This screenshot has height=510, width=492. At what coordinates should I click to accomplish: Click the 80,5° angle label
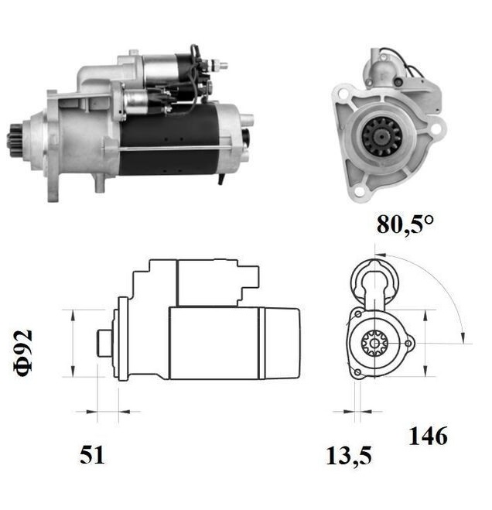[x=405, y=224]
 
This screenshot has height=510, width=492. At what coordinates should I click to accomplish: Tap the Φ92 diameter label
[x=23, y=351]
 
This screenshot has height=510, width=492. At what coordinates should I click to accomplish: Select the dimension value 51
[x=92, y=455]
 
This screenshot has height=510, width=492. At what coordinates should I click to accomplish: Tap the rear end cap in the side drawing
[x=283, y=342]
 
